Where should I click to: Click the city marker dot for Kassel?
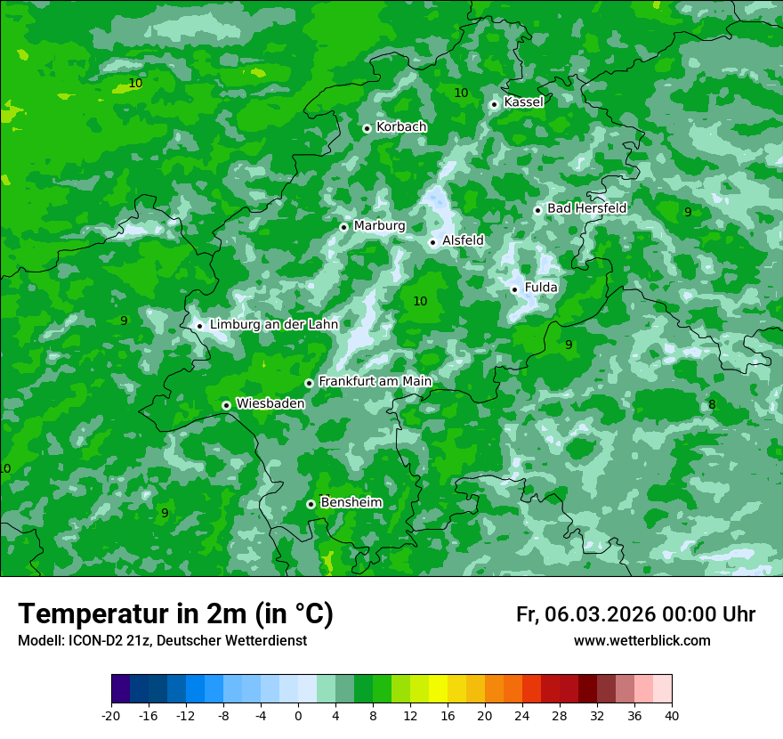494,104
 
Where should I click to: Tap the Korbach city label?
401,127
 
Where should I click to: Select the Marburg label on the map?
379,226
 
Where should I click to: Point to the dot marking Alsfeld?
432,242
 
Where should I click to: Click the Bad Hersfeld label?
586,208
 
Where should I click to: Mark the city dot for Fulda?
514,289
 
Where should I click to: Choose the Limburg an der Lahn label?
274,325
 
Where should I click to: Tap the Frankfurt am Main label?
375,382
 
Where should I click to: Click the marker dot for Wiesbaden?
226,405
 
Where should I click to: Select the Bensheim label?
351,503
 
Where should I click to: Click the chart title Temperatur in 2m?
175,614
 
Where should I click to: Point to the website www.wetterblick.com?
642,641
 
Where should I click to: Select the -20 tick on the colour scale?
111,715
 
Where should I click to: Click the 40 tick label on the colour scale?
672,715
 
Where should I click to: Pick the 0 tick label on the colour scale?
298,715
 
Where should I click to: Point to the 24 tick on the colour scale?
522,715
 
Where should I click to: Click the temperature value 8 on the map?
712,405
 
